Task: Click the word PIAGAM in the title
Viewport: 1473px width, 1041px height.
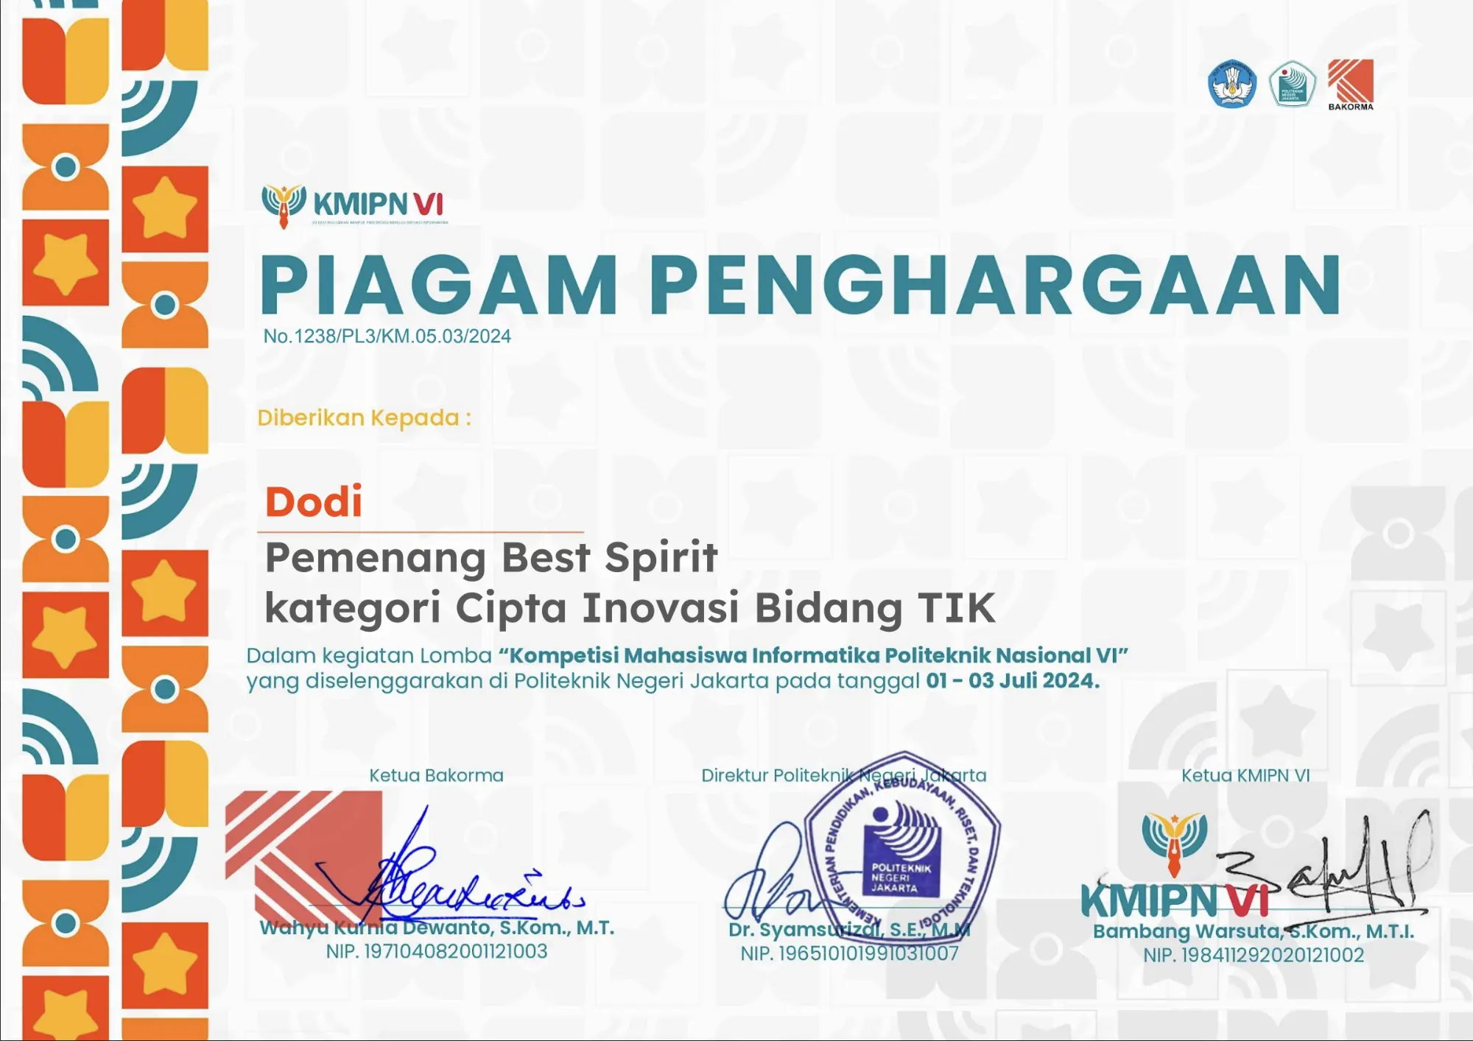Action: (439, 286)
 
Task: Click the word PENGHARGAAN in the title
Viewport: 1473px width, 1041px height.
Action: (994, 286)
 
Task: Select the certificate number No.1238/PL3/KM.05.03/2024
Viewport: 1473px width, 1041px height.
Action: (387, 336)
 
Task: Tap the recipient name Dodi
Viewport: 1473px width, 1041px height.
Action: (314, 502)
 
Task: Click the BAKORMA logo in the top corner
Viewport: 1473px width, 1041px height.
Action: (1350, 84)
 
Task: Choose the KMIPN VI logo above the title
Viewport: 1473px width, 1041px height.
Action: (354, 205)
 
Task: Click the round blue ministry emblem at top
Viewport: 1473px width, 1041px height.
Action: (1232, 84)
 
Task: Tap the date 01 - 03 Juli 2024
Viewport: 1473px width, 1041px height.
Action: (1012, 681)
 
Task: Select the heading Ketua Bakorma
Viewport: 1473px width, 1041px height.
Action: (436, 775)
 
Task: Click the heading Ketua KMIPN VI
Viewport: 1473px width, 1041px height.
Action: (1245, 775)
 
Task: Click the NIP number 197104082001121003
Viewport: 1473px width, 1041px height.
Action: (437, 952)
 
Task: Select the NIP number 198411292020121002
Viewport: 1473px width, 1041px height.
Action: (1254, 956)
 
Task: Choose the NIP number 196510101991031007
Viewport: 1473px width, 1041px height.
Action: (849, 954)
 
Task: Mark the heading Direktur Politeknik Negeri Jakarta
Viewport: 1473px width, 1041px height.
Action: (843, 775)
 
